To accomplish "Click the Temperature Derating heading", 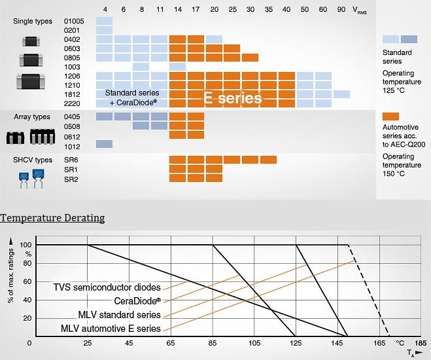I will tap(52, 217).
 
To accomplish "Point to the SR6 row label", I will tap(72, 160).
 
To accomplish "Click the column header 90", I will tap(341, 10).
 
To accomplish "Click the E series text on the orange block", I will tap(233, 98).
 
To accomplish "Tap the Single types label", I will tap(32, 22).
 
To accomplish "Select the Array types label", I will tap(31, 117).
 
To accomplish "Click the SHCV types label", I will tap(32, 160).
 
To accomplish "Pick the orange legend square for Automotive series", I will tap(390, 116).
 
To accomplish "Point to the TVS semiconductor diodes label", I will tap(107, 286).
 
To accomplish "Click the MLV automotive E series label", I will tap(111, 328).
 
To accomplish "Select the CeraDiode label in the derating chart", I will tap(137, 300).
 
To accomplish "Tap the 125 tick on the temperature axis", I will tap(296, 342).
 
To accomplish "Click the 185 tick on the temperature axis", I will tap(421, 342).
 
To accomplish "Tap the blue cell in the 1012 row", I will tap(105, 144).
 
